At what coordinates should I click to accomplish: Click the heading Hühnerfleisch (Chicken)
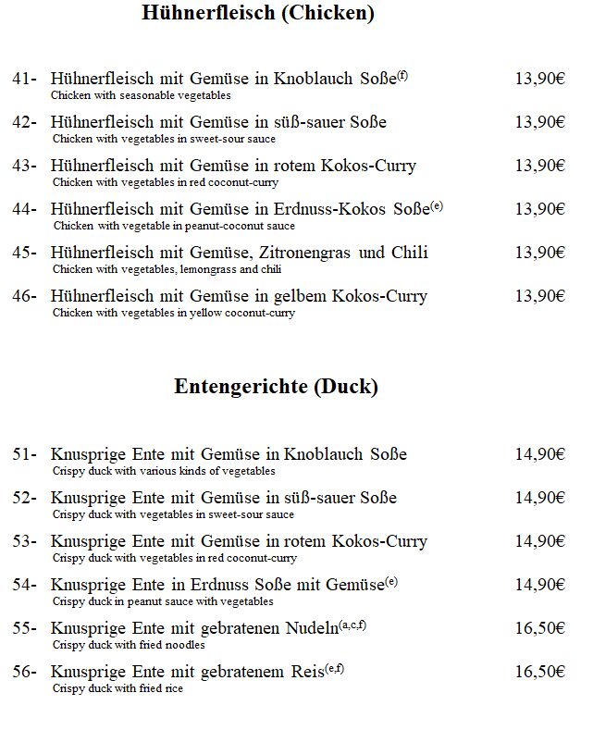(258, 13)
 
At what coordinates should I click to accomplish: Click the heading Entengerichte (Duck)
(276, 387)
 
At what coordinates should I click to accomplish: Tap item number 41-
(24, 80)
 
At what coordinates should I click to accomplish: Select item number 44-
(24, 210)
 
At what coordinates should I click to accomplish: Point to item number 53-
(24, 541)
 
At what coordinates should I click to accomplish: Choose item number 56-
(24, 672)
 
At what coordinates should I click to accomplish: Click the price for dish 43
(539, 167)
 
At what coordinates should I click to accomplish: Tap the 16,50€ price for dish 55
(539, 628)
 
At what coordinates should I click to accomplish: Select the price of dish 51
(539, 454)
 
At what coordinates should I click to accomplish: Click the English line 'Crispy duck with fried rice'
(117, 688)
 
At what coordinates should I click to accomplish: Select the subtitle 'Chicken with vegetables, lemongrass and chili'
(167, 269)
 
